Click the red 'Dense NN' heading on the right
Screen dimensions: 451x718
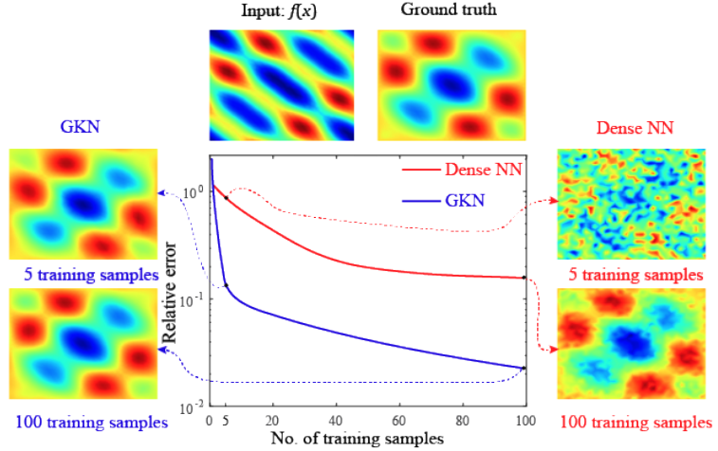tap(631, 128)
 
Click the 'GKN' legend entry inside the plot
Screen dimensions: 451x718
tap(465, 201)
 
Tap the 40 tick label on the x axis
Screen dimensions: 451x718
tap(335, 421)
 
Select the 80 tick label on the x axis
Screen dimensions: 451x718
tap(462, 421)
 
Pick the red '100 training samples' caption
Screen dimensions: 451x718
tap(633, 421)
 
